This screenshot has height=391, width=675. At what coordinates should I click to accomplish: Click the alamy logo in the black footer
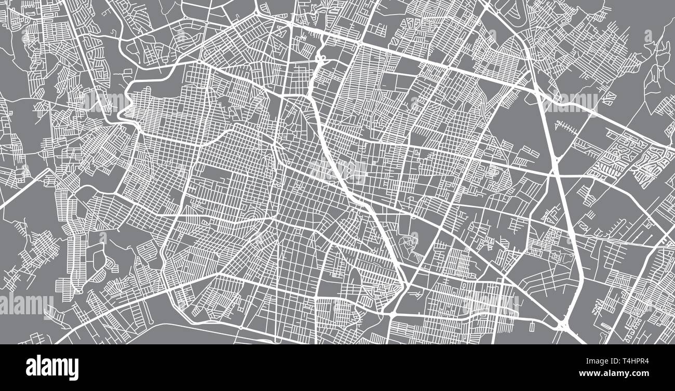(52, 367)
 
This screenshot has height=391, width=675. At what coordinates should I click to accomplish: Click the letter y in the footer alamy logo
(73, 369)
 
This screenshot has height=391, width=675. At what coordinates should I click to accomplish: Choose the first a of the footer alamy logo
(31, 368)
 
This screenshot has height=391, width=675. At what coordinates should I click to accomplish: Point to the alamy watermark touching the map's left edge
(26, 304)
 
